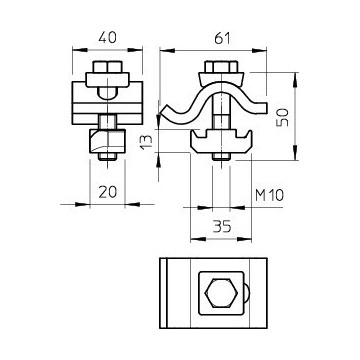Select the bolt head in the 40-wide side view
pos(107,70)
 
